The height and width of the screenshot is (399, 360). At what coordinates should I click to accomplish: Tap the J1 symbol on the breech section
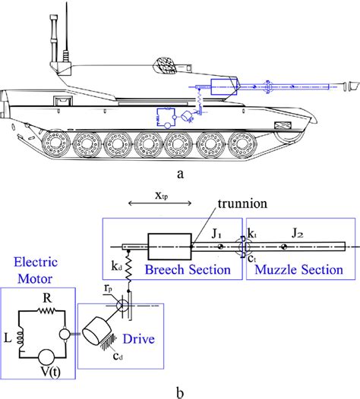(x=218, y=236)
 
